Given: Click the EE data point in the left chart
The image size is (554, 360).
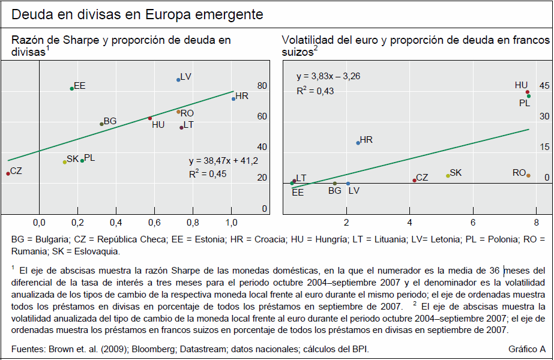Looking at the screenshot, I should click(x=72, y=89).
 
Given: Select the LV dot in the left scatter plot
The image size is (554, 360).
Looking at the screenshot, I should click(x=178, y=80).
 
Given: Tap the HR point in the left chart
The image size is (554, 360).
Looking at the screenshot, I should click(x=233, y=98).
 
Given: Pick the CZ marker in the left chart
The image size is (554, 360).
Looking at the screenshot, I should click(x=8, y=173).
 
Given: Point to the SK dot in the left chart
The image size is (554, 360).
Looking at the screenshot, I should click(x=65, y=162).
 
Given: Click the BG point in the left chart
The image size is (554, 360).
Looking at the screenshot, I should click(x=101, y=124).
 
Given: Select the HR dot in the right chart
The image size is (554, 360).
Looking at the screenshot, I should click(x=358, y=143).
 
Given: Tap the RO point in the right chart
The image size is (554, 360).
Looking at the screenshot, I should click(x=528, y=176).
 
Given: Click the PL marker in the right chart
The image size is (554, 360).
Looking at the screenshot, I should click(x=529, y=96).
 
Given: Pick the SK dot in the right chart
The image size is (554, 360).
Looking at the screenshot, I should click(x=448, y=176).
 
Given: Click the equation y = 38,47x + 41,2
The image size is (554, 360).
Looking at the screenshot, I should click(x=223, y=161).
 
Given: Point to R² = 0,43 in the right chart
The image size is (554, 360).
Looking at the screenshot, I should click(x=315, y=91).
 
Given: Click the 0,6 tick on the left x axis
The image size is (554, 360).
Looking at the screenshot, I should click(x=154, y=223).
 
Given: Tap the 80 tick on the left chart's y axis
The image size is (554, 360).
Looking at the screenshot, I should click(x=262, y=86).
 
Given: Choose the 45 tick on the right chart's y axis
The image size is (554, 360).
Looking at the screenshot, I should click(x=544, y=85).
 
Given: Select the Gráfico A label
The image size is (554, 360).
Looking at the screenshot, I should click(x=526, y=349).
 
